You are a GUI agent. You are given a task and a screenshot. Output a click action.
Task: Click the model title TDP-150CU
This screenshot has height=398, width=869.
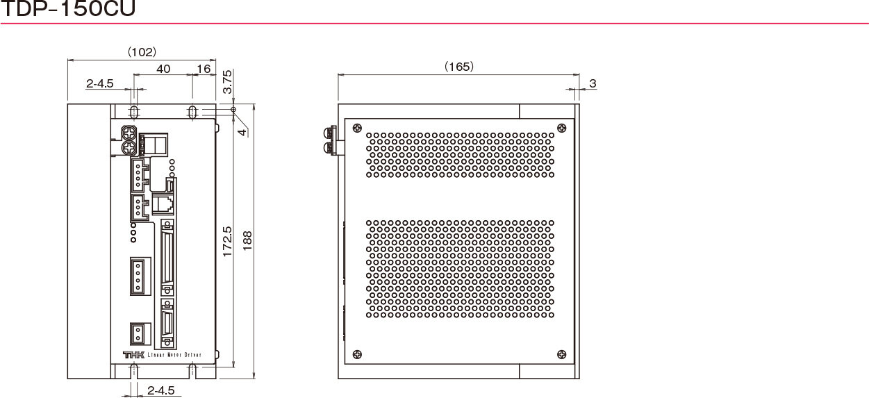(68, 8)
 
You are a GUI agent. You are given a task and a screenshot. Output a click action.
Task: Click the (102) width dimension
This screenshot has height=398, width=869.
(142, 52)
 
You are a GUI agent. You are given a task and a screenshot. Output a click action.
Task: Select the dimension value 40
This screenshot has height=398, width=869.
(163, 69)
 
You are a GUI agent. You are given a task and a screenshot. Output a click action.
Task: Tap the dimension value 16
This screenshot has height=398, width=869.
(204, 69)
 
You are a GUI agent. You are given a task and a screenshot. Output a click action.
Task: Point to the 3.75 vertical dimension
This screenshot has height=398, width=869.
(227, 82)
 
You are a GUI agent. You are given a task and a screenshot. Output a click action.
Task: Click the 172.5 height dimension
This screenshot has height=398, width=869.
(227, 242)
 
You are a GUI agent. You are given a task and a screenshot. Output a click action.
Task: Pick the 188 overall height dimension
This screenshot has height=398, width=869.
(247, 241)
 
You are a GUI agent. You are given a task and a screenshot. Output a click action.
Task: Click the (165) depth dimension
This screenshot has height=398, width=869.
(459, 67)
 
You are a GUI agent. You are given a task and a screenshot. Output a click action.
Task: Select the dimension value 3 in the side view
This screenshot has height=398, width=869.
(593, 83)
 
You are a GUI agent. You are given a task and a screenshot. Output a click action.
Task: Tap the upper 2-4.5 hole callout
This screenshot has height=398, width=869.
(100, 83)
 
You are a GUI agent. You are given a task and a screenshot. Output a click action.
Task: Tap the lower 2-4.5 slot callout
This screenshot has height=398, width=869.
(161, 390)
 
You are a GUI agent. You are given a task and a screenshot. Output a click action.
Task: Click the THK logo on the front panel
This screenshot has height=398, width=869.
(133, 355)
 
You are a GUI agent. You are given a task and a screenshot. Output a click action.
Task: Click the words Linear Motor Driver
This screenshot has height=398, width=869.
(174, 355)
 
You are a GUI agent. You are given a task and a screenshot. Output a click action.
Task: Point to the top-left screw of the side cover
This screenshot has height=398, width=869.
(357, 128)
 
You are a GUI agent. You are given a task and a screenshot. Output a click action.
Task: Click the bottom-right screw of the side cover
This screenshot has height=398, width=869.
(561, 354)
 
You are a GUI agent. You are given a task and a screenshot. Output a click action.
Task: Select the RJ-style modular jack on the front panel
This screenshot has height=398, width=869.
(163, 204)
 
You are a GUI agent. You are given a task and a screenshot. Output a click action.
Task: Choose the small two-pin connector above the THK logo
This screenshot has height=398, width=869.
(140, 333)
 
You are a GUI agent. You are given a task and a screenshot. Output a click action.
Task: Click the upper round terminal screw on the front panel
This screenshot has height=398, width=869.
(129, 133)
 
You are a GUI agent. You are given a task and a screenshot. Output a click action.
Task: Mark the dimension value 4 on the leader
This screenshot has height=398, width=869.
(242, 132)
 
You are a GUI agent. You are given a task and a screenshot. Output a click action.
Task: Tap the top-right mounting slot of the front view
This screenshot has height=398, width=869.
(192, 112)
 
